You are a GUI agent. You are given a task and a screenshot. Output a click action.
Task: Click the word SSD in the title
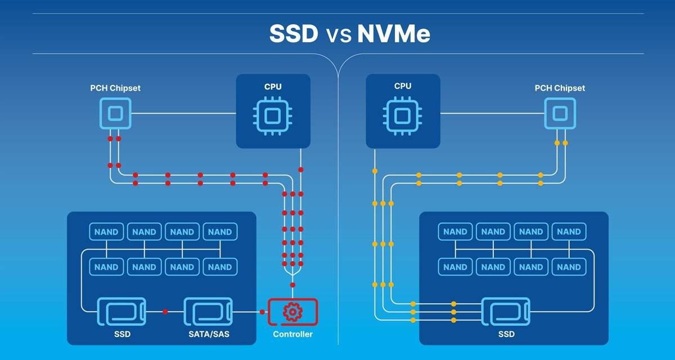click(294, 34)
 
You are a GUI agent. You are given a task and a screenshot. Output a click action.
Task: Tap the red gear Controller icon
click(293, 312)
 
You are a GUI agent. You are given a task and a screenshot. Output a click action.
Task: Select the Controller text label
click(293, 334)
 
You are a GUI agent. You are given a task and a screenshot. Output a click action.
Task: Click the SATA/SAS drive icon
click(208, 312)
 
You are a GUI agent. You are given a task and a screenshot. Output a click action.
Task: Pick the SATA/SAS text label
click(208, 334)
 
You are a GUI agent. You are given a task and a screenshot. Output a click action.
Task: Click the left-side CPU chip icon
click(273, 115)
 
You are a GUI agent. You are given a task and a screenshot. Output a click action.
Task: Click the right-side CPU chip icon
click(402, 115)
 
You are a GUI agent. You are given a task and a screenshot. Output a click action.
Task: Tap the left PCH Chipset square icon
click(115, 114)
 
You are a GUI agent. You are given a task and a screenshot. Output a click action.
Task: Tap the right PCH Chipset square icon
click(559, 114)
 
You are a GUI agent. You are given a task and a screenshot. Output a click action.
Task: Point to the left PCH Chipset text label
click(115, 88)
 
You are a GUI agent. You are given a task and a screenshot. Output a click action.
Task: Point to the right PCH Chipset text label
click(559, 88)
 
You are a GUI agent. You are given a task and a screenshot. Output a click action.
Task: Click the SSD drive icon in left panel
click(121, 312)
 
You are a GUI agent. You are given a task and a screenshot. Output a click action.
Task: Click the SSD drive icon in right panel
click(506, 312)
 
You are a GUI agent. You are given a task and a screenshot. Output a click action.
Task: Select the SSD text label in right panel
click(506, 334)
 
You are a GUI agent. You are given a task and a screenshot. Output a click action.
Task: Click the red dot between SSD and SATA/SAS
click(165, 312)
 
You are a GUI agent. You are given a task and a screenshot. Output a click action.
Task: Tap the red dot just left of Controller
click(262, 312)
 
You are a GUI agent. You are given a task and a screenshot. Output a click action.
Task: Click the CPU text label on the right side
click(402, 87)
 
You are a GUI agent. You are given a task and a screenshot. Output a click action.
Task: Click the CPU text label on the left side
click(273, 87)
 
